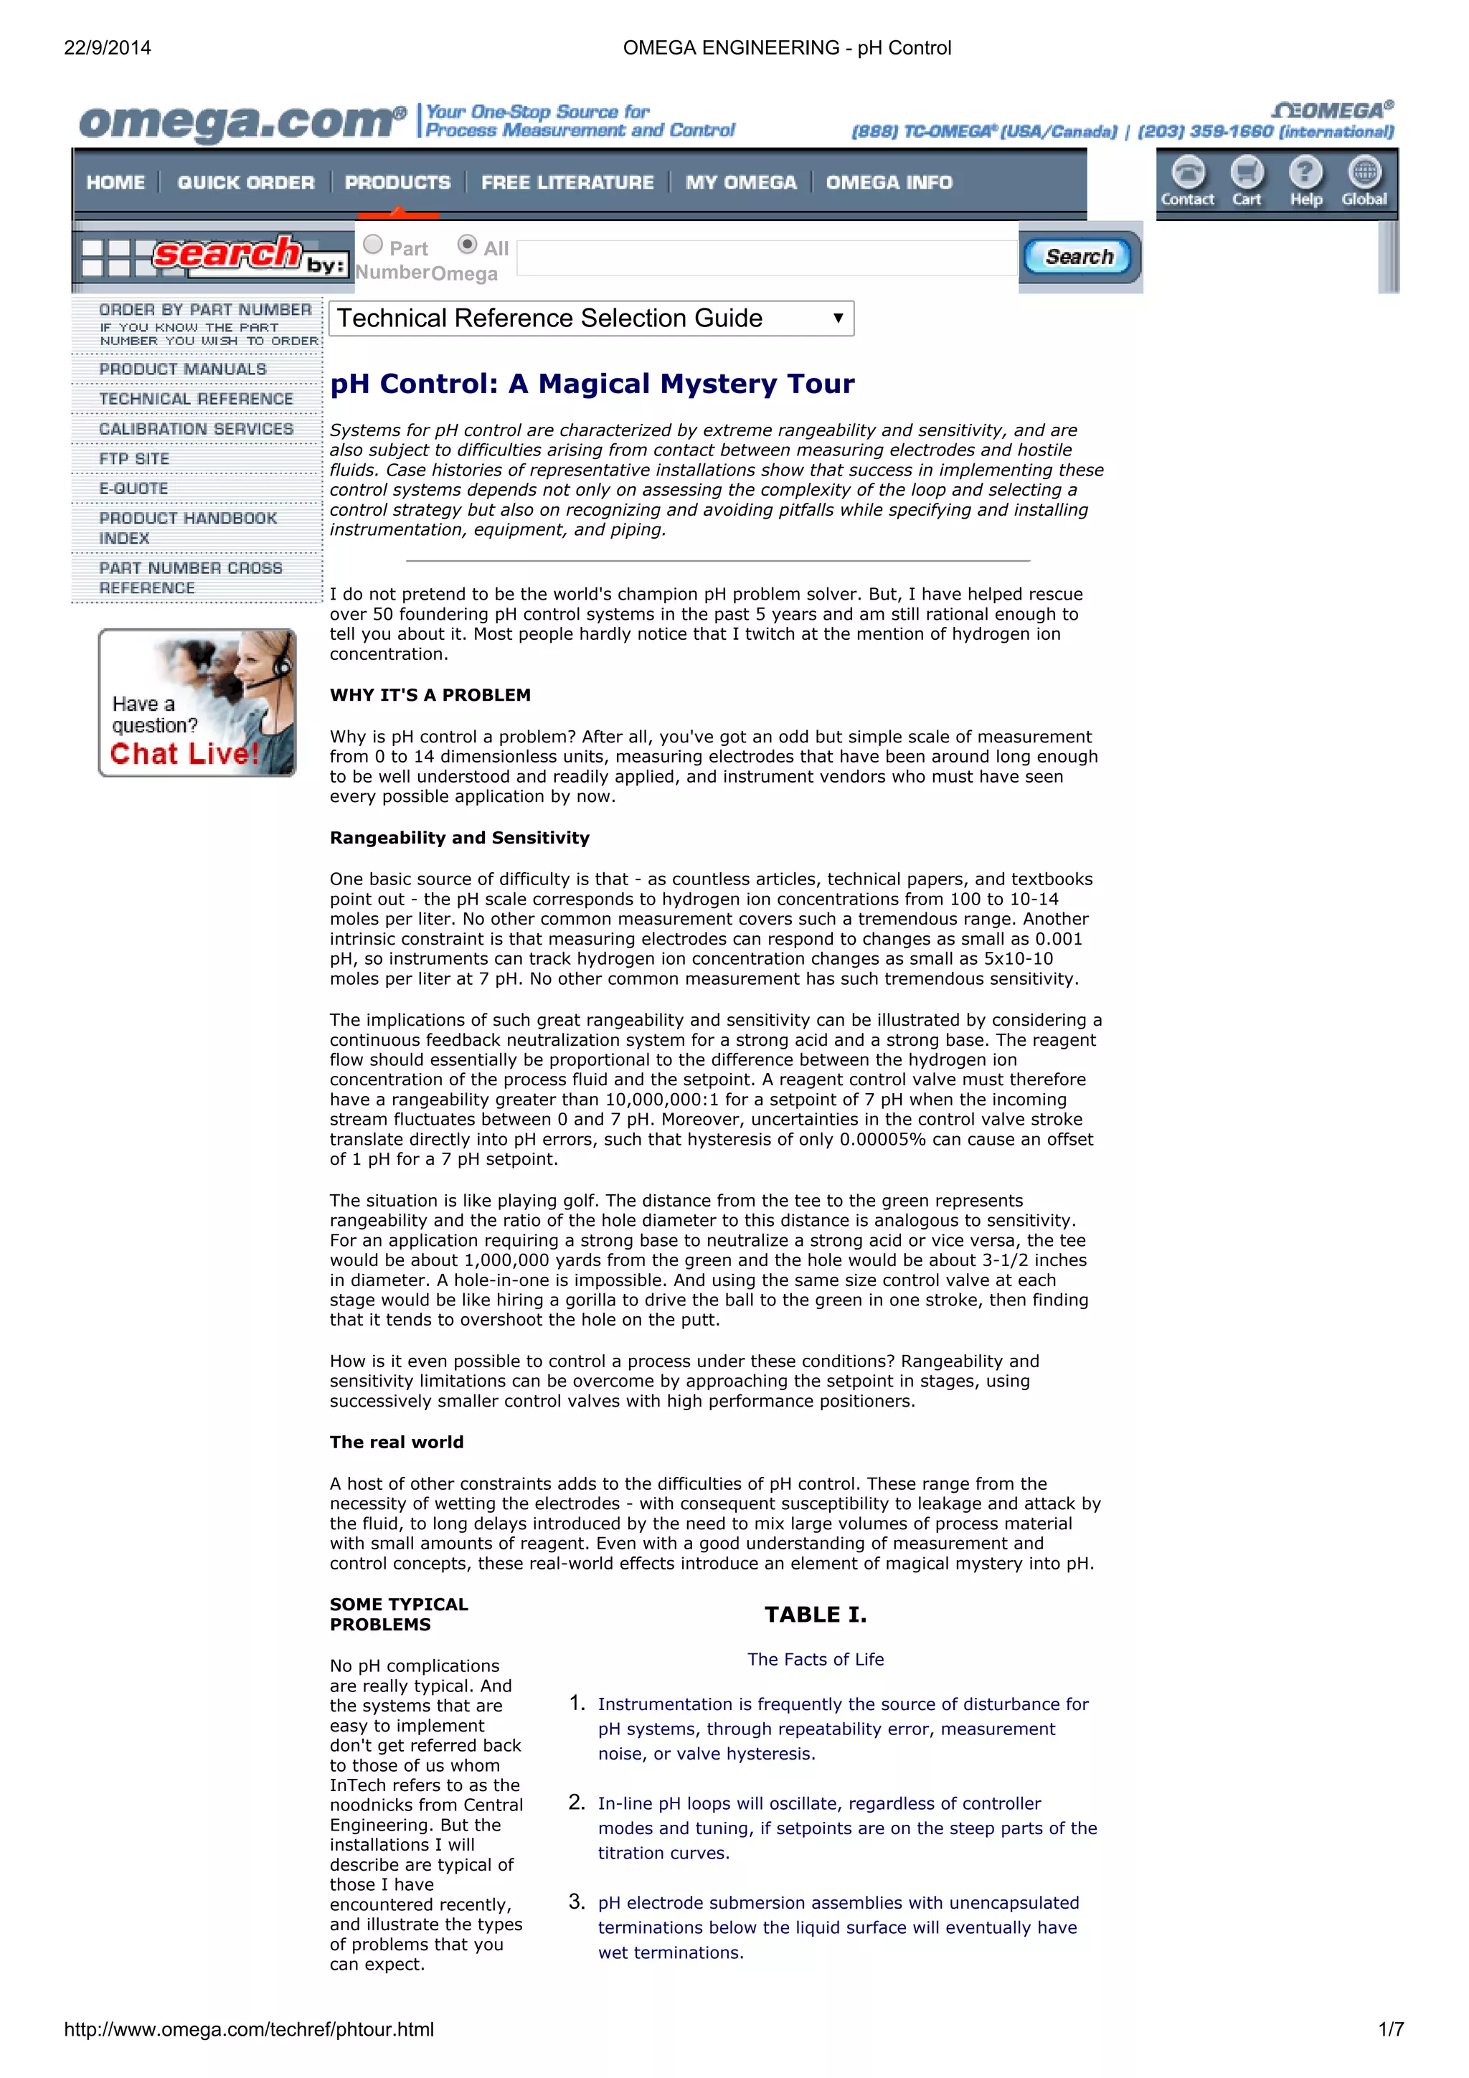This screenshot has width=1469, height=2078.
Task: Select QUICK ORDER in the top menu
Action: tap(245, 183)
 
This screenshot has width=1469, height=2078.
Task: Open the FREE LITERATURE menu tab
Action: tap(567, 183)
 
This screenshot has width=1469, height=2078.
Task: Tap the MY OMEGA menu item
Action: tap(740, 183)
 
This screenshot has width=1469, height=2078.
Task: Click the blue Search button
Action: tap(1078, 257)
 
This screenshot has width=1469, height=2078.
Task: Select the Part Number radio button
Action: tap(373, 245)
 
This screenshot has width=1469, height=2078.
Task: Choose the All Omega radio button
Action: tap(467, 245)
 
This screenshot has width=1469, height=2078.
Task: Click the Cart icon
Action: tap(1247, 173)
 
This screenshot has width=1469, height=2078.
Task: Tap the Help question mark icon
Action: tap(1305, 173)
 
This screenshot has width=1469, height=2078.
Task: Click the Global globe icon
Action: tap(1364, 173)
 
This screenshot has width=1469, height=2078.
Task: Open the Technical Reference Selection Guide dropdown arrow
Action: tap(838, 318)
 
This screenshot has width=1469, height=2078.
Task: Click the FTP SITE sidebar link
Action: tap(134, 459)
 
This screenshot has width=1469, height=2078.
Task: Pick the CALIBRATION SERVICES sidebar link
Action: tap(196, 429)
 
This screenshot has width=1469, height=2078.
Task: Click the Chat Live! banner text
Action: tap(184, 754)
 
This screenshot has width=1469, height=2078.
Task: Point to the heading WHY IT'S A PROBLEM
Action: tap(430, 695)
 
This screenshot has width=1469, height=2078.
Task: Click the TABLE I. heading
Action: tap(815, 1615)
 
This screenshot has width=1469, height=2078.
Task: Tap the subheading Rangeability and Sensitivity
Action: tap(459, 838)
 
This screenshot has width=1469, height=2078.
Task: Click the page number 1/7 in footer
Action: tap(1390, 2029)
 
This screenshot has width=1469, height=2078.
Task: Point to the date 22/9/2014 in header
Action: tap(108, 48)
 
